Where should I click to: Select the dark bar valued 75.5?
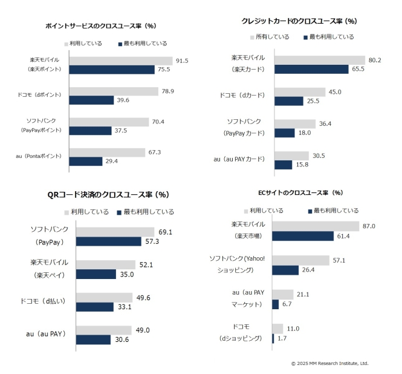[112, 70]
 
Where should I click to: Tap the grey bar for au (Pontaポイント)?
[107, 152]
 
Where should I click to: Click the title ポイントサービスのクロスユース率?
[101, 26]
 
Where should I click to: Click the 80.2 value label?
[376, 59]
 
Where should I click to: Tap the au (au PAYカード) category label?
[240, 159]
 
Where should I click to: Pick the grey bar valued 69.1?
[115, 232]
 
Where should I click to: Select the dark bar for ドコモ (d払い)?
[96, 307]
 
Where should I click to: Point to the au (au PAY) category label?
[46, 333]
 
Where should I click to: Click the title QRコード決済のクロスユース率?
[108, 194]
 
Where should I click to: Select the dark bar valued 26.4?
[285, 270]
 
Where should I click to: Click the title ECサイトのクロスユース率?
[300, 192]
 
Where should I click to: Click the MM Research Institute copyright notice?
[329, 363]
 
